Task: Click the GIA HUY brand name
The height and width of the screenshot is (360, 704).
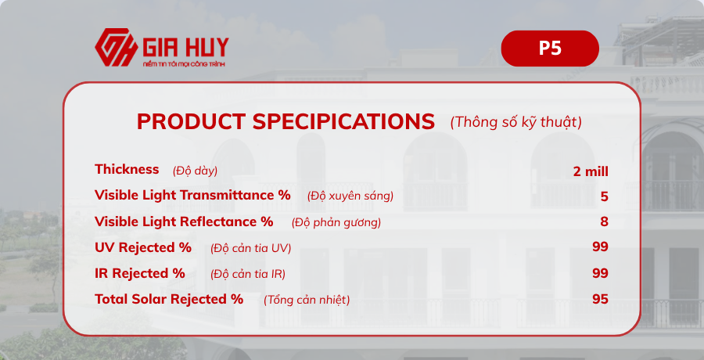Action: tap(185, 45)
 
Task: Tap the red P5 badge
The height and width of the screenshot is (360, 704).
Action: tap(550, 49)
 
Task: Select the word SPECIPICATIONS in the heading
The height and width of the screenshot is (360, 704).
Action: tap(343, 122)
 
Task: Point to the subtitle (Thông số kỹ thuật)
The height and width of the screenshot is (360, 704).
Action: tap(515, 122)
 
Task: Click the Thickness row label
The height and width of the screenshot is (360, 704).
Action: tap(127, 170)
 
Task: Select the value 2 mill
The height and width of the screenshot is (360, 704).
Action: tap(591, 171)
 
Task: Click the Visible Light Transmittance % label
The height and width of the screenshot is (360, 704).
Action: tap(192, 196)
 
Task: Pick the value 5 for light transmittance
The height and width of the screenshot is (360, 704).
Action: tap(604, 196)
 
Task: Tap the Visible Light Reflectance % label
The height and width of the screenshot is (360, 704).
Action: tap(184, 222)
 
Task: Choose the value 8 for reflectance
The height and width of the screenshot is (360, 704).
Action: tap(604, 222)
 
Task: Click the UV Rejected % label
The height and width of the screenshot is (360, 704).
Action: tap(143, 248)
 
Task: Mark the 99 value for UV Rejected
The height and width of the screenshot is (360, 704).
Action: tap(600, 248)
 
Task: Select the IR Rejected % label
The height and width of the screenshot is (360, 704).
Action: tap(140, 274)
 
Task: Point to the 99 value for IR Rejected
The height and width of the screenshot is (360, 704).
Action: tap(600, 274)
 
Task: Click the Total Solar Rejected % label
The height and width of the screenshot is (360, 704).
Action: tap(169, 300)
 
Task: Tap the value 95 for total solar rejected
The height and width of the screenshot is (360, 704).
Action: tap(600, 300)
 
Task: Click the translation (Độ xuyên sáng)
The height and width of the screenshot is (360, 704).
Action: tap(350, 196)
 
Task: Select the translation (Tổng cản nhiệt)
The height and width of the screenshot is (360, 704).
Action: tap(307, 301)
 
